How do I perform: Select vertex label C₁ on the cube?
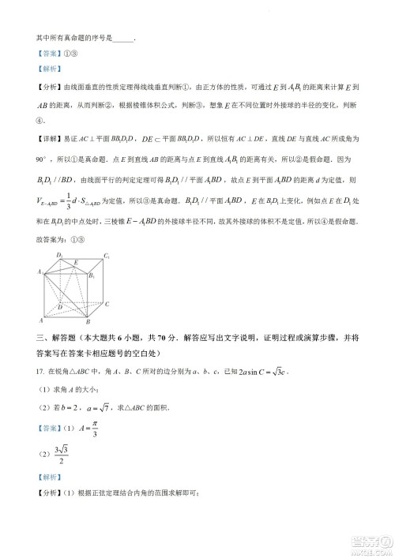106,256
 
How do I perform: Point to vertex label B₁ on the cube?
91,275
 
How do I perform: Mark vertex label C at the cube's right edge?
107,304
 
